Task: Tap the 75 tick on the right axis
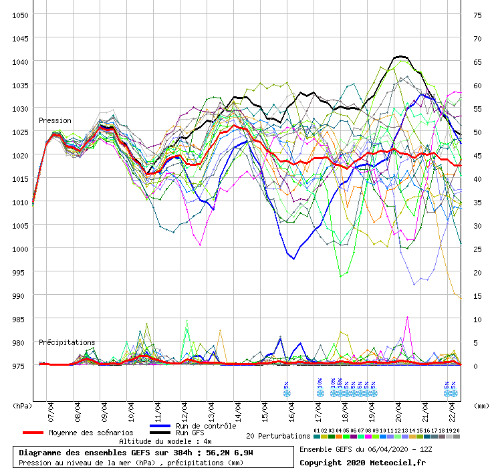[x=477, y=15]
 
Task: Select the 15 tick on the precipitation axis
[x=477, y=296]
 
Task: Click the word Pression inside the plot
[x=55, y=121]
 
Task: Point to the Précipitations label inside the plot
[x=67, y=342]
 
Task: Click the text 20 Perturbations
[x=278, y=436]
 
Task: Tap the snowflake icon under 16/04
[x=287, y=394]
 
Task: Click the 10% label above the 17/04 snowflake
[x=320, y=384]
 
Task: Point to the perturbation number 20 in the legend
[x=457, y=431]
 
